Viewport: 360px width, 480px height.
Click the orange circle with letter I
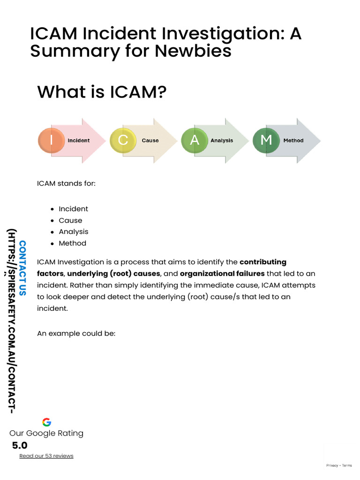[x=51, y=140]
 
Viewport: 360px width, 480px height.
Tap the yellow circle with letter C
[x=123, y=140]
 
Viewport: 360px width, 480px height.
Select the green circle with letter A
[x=194, y=140]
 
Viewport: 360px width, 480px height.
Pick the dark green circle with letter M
[x=266, y=140]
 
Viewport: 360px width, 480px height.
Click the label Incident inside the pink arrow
[x=79, y=141]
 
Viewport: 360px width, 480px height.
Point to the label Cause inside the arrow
[x=150, y=141]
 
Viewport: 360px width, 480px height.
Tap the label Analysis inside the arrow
[x=222, y=141]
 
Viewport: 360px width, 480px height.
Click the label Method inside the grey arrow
[x=293, y=141]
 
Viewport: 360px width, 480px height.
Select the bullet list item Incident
[x=73, y=209]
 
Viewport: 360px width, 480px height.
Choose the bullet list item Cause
[x=70, y=220]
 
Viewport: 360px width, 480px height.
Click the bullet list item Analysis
[x=73, y=232]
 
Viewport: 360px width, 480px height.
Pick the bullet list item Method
[x=72, y=243]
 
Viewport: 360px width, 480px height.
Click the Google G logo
[x=46, y=422]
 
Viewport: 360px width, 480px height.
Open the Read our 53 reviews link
[x=46, y=456]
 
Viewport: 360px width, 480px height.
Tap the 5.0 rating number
[x=20, y=445]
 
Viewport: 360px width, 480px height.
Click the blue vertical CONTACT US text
[x=22, y=268]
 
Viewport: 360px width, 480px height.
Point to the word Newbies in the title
[x=196, y=51]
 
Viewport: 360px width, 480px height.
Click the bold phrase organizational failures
[x=222, y=274]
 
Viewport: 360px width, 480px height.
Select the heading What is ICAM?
[x=102, y=91]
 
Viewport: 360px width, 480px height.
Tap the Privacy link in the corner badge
[x=332, y=465]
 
